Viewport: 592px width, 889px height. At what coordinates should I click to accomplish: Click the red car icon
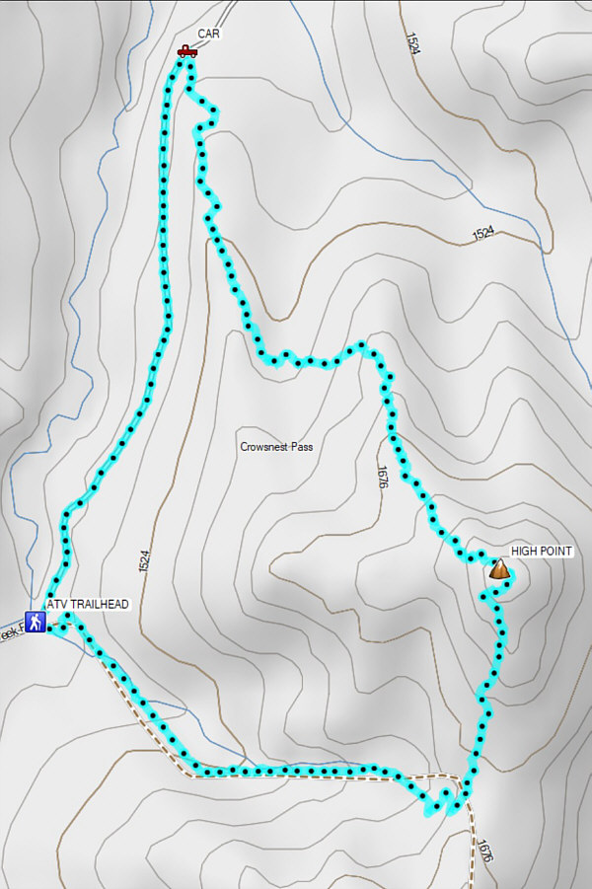point(186,50)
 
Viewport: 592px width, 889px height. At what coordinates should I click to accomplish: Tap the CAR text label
point(208,34)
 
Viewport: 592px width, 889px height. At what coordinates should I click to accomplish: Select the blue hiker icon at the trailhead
point(36,623)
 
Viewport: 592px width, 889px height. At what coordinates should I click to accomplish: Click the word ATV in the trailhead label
point(57,604)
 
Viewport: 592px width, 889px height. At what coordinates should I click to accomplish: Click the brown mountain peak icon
point(499,569)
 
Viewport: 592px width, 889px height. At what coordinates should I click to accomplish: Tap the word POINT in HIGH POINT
point(556,551)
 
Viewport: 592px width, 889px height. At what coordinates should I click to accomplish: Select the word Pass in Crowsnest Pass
point(302,447)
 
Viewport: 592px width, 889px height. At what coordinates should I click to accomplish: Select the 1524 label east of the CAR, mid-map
point(482,234)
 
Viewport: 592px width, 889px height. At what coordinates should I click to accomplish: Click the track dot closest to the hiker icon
point(50,626)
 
